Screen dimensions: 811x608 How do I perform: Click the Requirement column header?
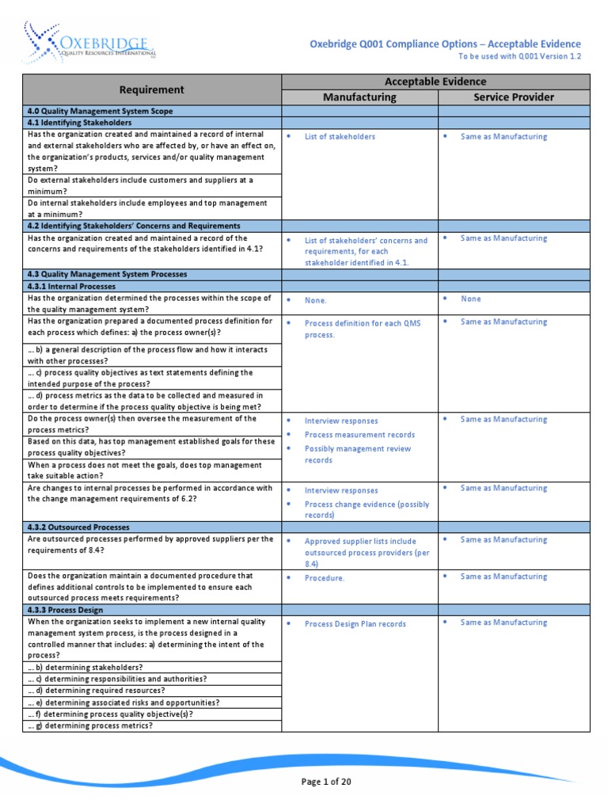(151, 89)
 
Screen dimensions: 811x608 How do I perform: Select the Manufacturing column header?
(359, 97)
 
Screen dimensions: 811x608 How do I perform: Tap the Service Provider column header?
(513, 97)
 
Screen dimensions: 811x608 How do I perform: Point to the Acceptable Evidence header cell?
(435, 82)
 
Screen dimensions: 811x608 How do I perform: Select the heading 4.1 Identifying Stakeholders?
(79, 123)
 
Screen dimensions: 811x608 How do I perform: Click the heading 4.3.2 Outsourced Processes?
(78, 527)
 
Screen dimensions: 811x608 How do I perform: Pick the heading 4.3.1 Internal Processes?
(71, 286)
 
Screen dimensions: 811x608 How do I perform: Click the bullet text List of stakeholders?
(340, 137)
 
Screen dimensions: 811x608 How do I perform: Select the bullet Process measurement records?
(359, 435)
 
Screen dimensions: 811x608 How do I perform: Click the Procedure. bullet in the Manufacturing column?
(325, 578)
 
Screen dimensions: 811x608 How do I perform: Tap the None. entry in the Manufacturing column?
(315, 300)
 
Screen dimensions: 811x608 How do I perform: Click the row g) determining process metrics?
(90, 725)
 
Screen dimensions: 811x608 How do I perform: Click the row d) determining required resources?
(96, 691)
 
